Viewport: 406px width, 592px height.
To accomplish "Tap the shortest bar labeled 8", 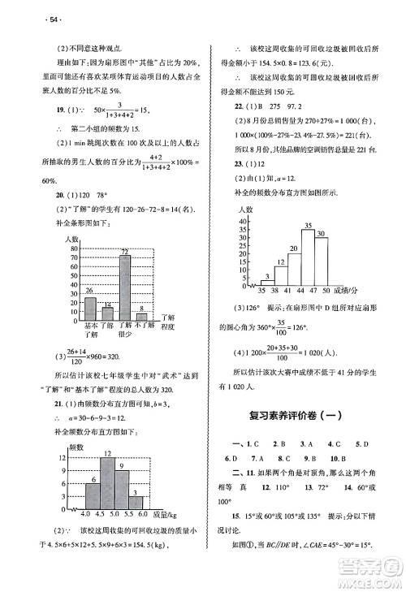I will (x=142, y=317).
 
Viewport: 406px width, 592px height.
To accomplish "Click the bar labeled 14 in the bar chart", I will (x=108, y=313).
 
